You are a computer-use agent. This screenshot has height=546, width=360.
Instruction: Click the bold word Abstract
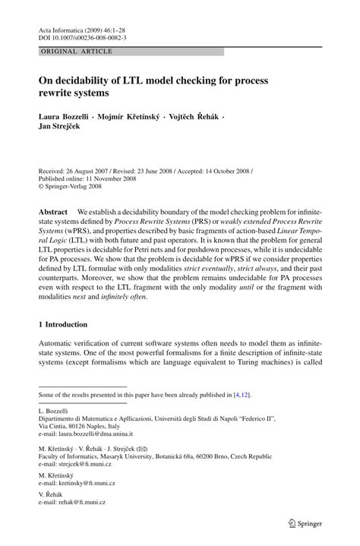tap(55, 210)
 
